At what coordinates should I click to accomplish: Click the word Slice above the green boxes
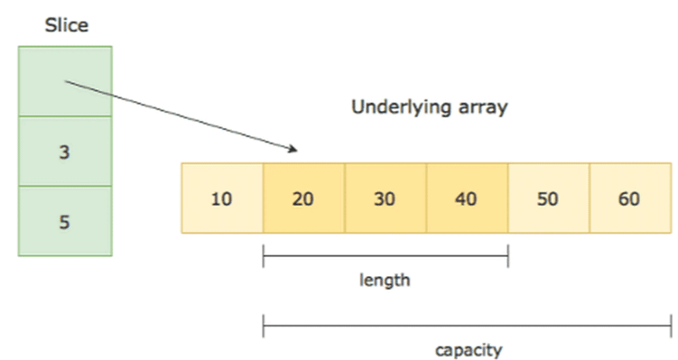tap(66, 25)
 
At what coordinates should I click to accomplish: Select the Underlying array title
tap(429, 107)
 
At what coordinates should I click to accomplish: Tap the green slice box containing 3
tap(65, 152)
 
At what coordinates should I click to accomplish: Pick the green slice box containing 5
tap(65, 221)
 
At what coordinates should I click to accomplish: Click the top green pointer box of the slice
tap(65, 81)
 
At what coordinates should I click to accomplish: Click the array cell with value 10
tap(222, 198)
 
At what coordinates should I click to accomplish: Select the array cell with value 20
tap(303, 198)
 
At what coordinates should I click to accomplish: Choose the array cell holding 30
tap(385, 198)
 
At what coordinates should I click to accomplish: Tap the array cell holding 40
tap(467, 198)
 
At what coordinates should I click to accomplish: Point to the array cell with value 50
tap(548, 198)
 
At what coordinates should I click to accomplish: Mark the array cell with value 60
tap(630, 198)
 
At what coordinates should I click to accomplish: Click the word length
tap(385, 280)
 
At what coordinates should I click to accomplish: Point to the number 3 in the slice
tap(64, 152)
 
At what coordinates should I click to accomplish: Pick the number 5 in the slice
tap(64, 222)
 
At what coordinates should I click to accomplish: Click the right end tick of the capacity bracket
tap(671, 325)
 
